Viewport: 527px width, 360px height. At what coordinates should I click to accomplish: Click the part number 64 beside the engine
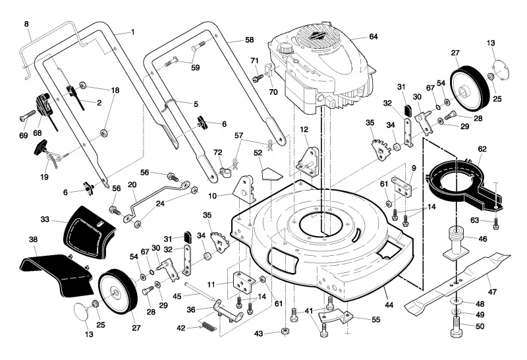(x=374, y=36)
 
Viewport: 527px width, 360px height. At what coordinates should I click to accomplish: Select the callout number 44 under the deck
(x=389, y=305)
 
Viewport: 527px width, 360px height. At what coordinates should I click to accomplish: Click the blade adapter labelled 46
(x=456, y=242)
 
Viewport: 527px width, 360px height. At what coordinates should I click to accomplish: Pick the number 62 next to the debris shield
(x=482, y=149)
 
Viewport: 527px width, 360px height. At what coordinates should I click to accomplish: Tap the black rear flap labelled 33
(x=88, y=233)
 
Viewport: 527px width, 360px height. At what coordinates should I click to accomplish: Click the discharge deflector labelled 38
(x=57, y=272)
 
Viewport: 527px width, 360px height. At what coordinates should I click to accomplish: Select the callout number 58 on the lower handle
(x=249, y=40)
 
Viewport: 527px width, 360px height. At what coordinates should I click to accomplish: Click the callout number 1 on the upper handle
(x=133, y=32)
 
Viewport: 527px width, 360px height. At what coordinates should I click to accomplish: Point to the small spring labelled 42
(x=208, y=326)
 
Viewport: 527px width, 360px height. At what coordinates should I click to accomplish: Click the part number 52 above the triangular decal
(x=258, y=153)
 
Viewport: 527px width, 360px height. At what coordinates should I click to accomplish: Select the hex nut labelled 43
(x=285, y=332)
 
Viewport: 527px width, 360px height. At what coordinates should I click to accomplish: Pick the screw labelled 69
(x=28, y=115)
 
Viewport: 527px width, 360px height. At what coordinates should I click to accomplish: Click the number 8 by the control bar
(x=26, y=24)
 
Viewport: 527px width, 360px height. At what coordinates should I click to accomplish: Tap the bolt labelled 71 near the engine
(x=258, y=78)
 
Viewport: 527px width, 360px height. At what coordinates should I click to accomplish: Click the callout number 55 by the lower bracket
(x=375, y=319)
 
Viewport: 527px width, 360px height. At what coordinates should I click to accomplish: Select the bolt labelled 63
(x=496, y=224)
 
